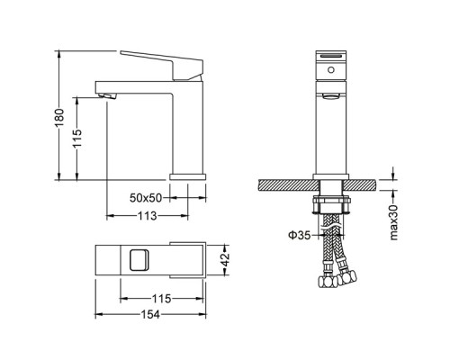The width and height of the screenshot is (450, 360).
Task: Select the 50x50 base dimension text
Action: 146,198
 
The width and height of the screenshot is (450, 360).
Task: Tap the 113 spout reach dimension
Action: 147,216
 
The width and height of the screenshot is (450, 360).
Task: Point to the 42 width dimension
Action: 225,260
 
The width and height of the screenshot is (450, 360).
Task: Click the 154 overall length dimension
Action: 150,314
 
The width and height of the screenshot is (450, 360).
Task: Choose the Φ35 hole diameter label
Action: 299,235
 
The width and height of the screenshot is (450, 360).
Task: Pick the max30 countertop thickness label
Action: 393,222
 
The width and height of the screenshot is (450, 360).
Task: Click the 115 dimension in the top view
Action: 161,299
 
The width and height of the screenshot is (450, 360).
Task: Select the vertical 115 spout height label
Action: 77,139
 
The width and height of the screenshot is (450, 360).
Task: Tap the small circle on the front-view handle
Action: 331,70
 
